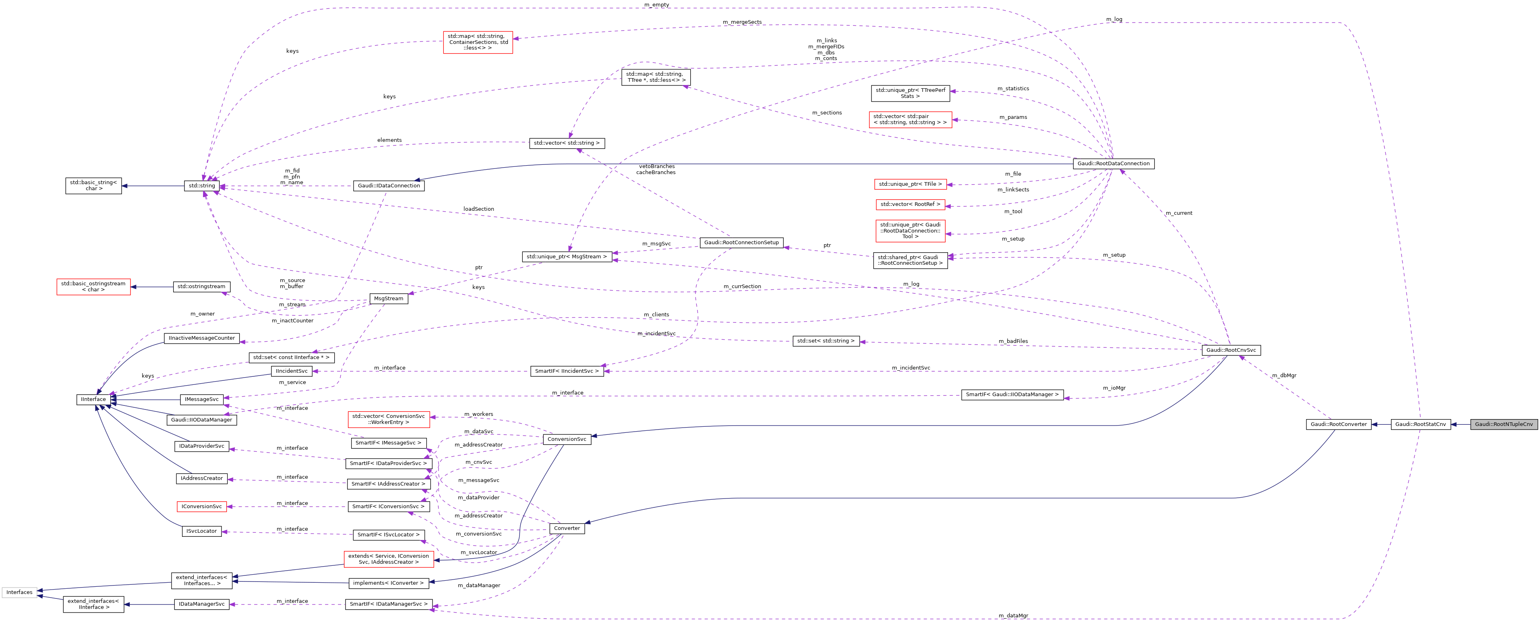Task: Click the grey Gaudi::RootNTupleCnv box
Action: click(x=1503, y=424)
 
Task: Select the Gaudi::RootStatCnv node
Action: click(x=1420, y=424)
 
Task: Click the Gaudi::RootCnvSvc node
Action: click(x=1231, y=350)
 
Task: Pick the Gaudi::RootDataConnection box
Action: click(x=1113, y=163)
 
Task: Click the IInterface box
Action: click(x=93, y=399)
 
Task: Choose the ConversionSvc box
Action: click(x=567, y=439)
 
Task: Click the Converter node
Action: click(x=567, y=528)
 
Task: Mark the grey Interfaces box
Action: click(x=19, y=592)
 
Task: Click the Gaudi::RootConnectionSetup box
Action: click(x=741, y=242)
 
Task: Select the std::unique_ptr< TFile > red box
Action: click(x=910, y=184)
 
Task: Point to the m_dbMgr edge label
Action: click(x=1283, y=376)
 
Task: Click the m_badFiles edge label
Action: click(x=1013, y=341)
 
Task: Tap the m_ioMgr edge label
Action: click(x=1114, y=388)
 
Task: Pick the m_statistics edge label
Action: click(x=1013, y=89)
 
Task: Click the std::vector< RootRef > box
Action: click(x=910, y=205)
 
